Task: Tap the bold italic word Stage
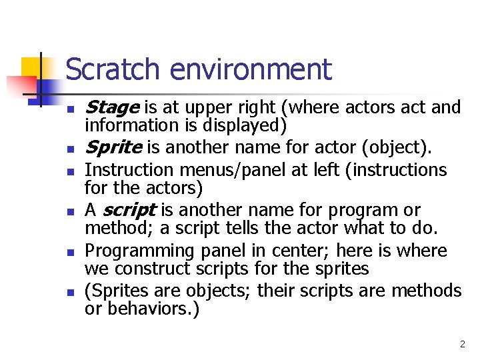point(112,107)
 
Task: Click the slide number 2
point(462,345)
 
